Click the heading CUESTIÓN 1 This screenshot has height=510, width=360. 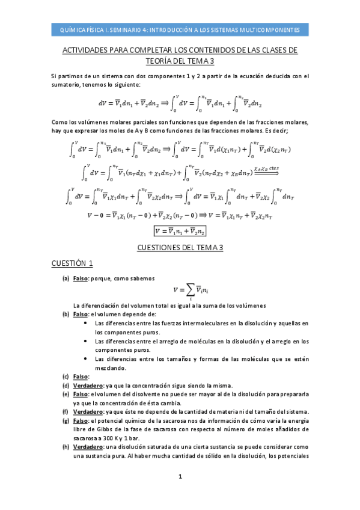72,263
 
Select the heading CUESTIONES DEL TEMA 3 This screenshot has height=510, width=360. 180,247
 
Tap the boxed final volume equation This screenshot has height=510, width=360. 180,231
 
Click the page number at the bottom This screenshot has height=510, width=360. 180,477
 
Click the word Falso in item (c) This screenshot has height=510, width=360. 81,376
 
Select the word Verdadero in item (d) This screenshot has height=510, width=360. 88,386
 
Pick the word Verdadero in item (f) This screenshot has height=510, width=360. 88,411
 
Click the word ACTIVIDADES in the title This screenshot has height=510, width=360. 88,50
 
